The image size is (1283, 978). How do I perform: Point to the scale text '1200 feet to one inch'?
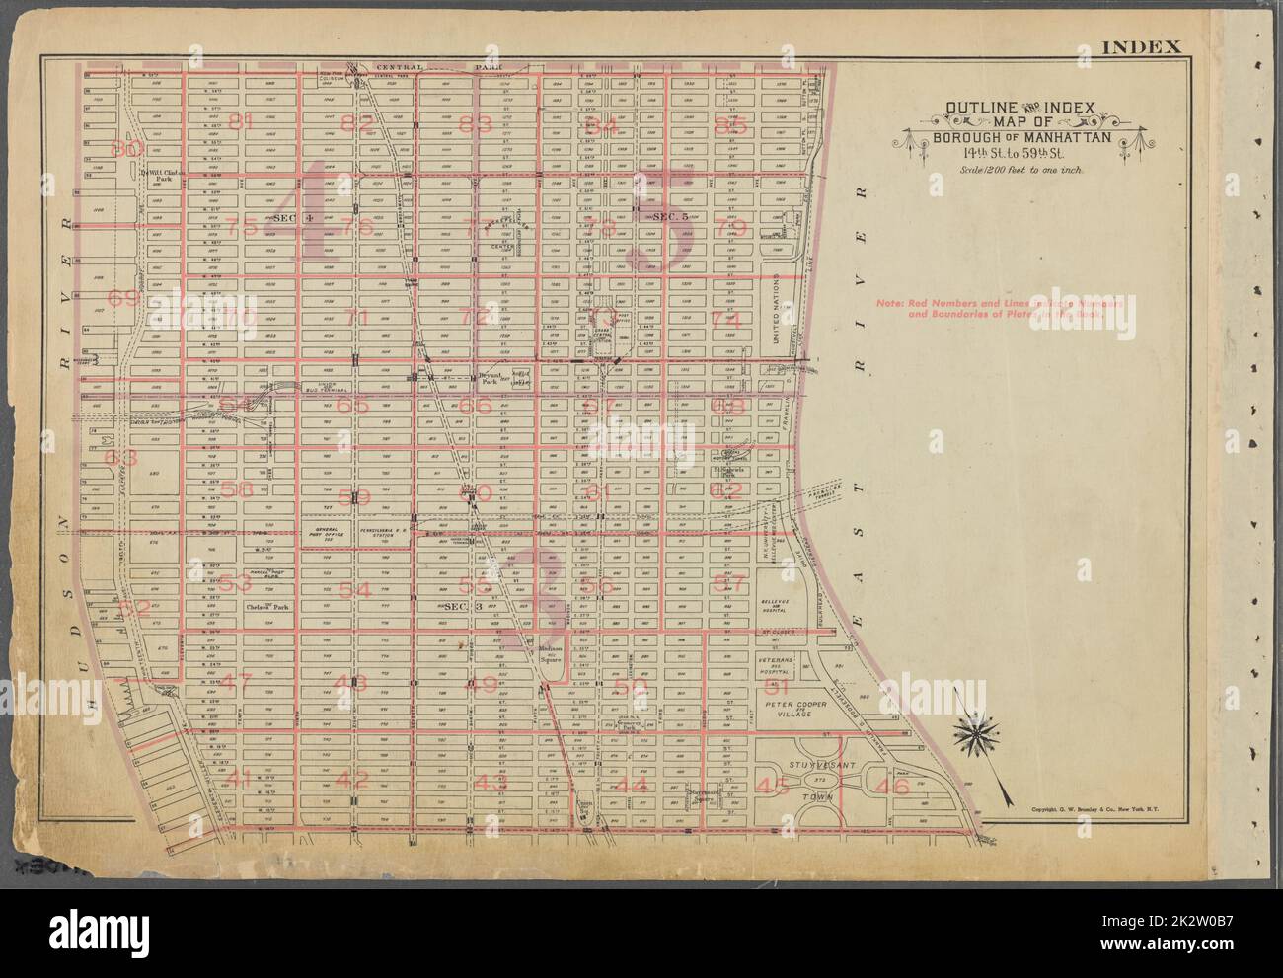click(x=1009, y=171)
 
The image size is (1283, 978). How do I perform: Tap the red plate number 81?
click(x=240, y=122)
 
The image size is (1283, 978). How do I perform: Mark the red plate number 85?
click(x=730, y=126)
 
